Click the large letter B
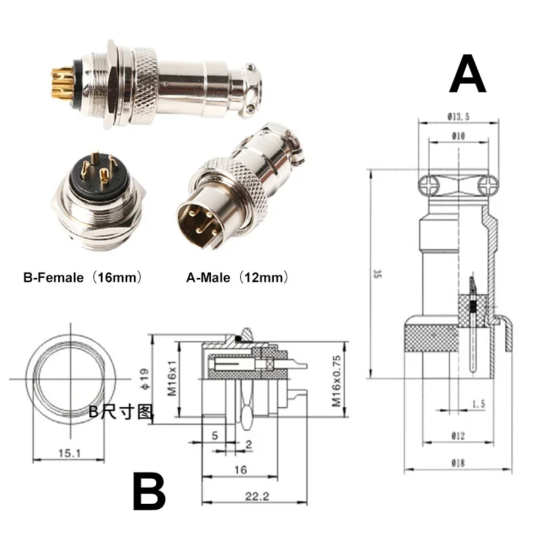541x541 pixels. pyautogui.click(x=149, y=492)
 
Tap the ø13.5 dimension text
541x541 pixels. pyautogui.click(x=458, y=117)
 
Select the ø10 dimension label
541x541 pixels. pyautogui.click(x=458, y=137)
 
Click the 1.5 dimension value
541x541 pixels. pyautogui.click(x=479, y=404)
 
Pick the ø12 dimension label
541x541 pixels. pyautogui.click(x=458, y=437)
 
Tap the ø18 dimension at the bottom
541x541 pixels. pyautogui.click(x=458, y=463)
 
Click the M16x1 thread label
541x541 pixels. pyautogui.click(x=170, y=379)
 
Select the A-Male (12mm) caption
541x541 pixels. pyautogui.click(x=238, y=277)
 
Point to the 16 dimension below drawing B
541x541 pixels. pyautogui.click(x=239, y=469)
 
